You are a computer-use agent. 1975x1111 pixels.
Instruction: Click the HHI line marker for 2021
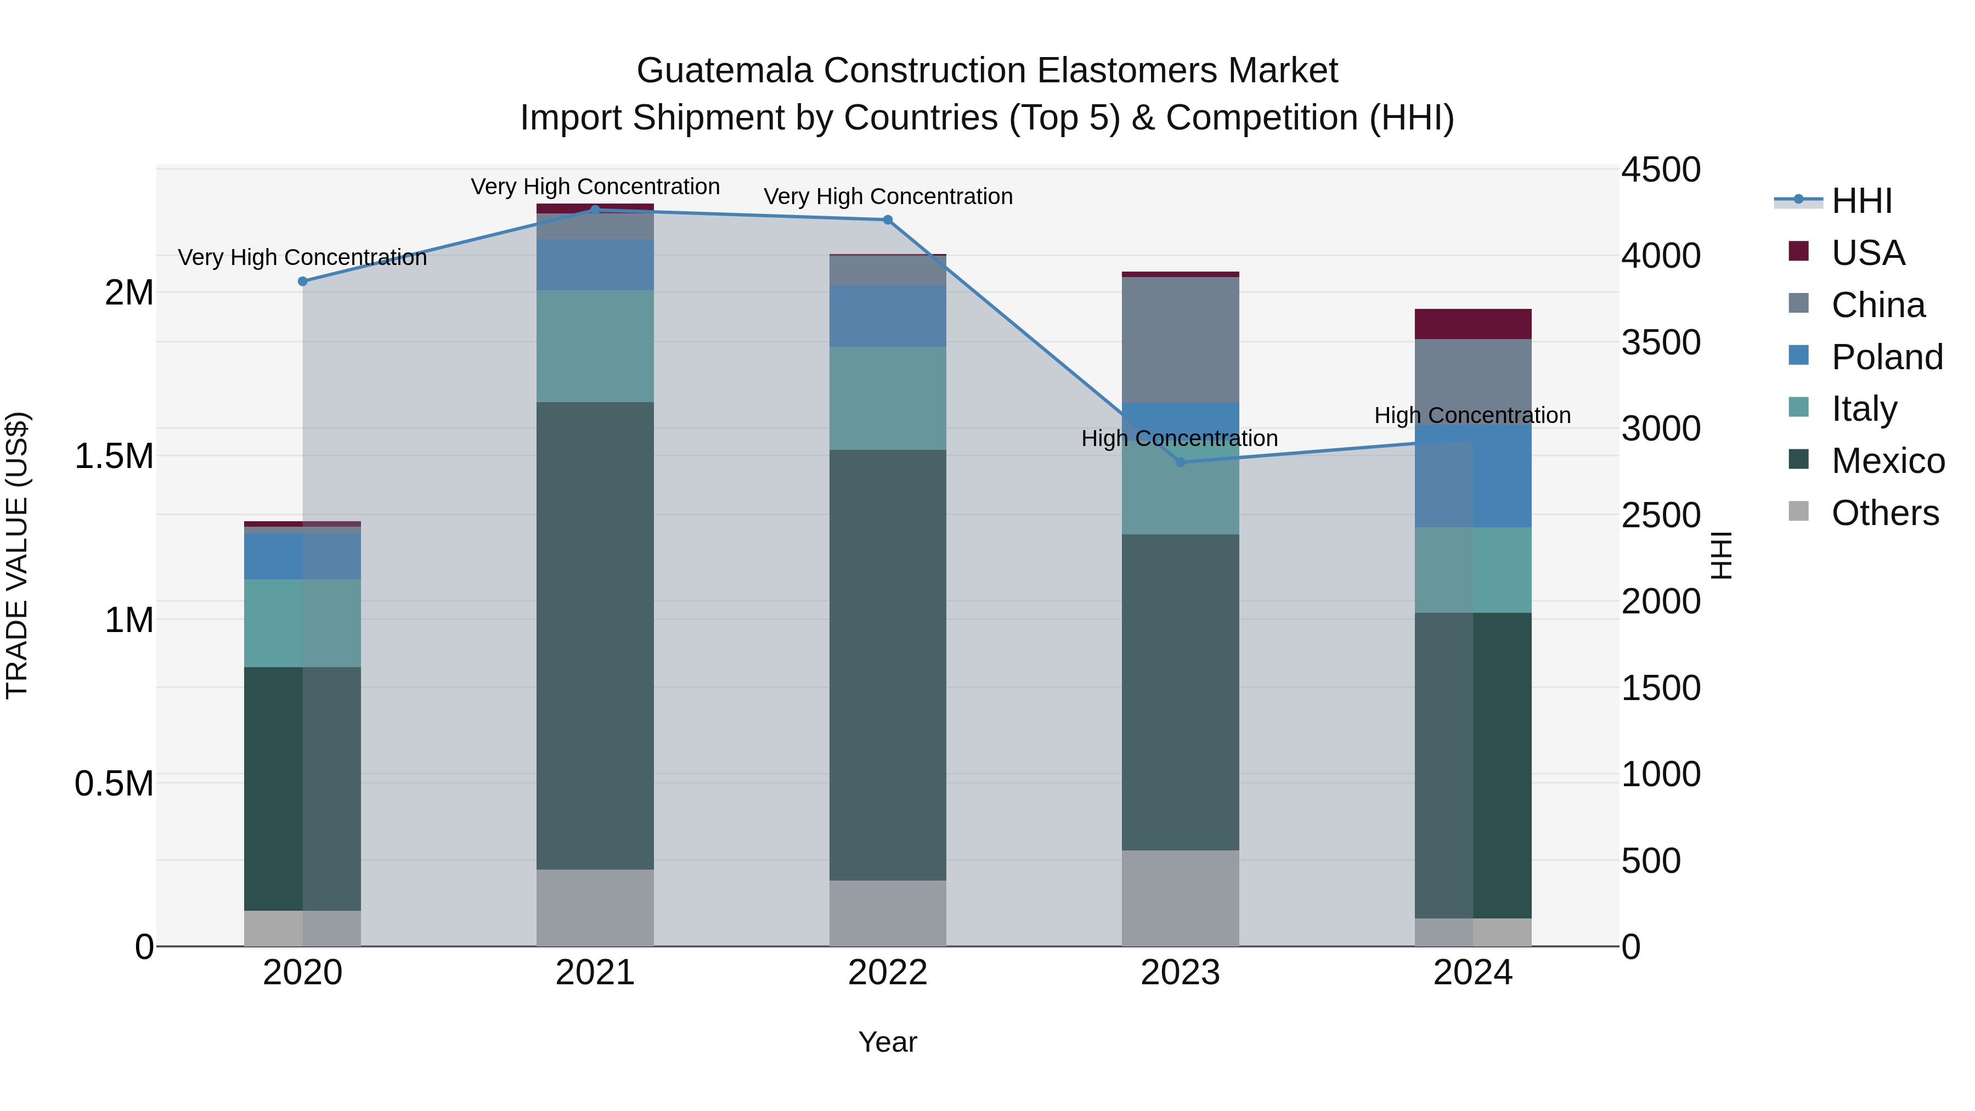pyautogui.click(x=595, y=210)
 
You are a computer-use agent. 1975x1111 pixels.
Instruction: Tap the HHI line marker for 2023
pyautogui.click(x=1181, y=463)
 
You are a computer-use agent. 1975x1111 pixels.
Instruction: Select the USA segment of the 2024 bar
pyautogui.click(x=1473, y=324)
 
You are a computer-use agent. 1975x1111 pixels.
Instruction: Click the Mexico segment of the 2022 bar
pyautogui.click(x=888, y=665)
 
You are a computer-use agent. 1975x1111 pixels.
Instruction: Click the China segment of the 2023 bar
pyautogui.click(x=1181, y=340)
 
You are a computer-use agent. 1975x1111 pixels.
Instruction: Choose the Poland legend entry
pyautogui.click(x=1886, y=357)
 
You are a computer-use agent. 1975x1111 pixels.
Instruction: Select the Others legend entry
pyautogui.click(x=1884, y=513)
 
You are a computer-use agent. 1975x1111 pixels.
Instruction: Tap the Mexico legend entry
pyautogui.click(x=1888, y=461)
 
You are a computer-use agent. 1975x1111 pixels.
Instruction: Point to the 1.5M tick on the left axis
pyautogui.click(x=114, y=456)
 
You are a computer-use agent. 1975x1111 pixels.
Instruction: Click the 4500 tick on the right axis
pyautogui.click(x=1661, y=170)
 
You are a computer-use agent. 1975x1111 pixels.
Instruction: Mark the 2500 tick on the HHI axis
pyautogui.click(x=1661, y=515)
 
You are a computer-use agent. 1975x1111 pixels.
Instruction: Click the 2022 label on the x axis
pyautogui.click(x=888, y=973)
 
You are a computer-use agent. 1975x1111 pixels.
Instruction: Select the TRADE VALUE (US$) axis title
pyautogui.click(x=17, y=555)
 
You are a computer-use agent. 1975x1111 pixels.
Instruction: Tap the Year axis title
pyautogui.click(x=888, y=1042)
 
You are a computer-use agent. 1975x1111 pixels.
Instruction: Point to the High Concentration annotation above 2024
pyautogui.click(x=1472, y=415)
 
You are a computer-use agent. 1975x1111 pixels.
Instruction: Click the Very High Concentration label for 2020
pyautogui.click(x=302, y=258)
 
